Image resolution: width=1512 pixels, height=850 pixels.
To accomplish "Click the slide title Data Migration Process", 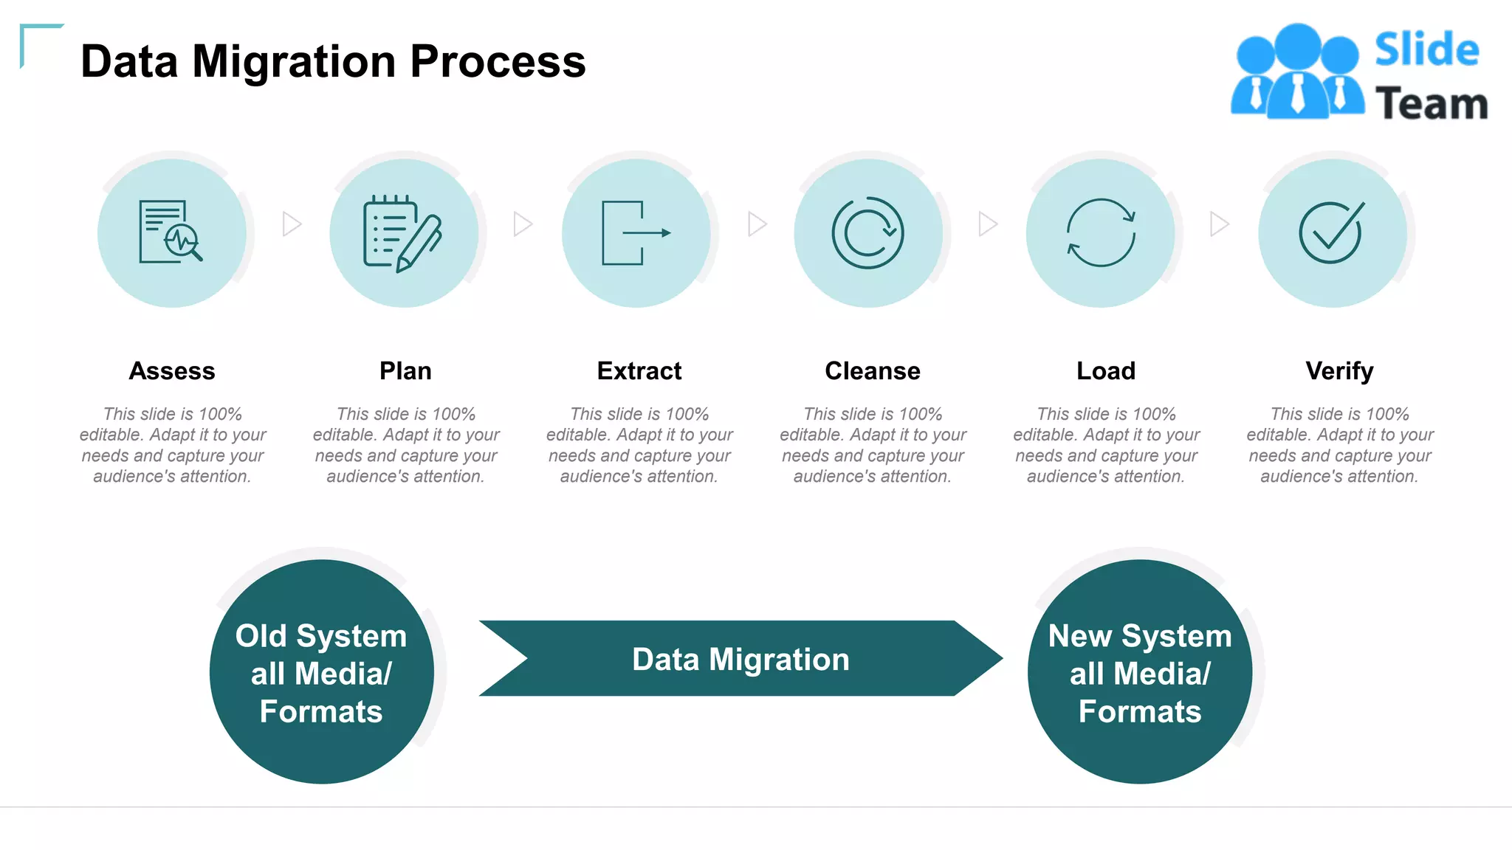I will point(333,61).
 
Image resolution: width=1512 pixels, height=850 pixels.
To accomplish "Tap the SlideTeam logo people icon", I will point(1297,72).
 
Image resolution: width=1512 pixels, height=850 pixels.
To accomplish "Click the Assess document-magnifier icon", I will point(171,232).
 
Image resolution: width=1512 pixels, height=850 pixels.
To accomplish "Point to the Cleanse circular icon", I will point(867,233).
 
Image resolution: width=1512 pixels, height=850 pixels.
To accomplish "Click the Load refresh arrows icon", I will point(1101,232).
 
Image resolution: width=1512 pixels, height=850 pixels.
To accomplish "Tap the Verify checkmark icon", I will point(1331,232).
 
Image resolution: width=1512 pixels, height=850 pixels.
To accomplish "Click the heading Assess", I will point(172,370).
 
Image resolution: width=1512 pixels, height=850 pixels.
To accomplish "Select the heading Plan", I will point(405,370).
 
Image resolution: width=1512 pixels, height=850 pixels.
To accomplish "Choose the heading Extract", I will point(639,370).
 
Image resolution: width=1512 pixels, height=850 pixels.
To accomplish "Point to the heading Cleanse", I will point(872,370).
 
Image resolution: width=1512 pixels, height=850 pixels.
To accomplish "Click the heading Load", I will point(1105,370).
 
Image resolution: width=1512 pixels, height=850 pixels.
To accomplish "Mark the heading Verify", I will point(1339,370).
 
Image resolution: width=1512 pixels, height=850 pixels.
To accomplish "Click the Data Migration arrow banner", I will point(740,659).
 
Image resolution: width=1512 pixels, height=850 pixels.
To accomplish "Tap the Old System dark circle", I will point(321,672).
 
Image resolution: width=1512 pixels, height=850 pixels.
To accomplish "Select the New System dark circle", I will point(1140,672).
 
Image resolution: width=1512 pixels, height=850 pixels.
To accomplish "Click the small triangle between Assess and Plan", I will point(292,224).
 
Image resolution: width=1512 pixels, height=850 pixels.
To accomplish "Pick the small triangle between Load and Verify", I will point(1219,224).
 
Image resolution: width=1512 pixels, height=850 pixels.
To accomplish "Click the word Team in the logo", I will point(1431,103).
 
